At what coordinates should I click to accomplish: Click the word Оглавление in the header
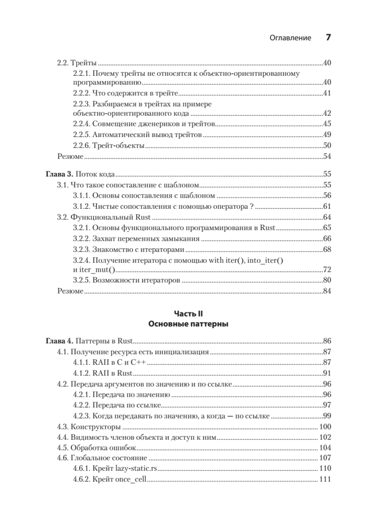290,38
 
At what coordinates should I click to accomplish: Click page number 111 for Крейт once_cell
325,480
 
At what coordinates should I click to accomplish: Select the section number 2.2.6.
81,145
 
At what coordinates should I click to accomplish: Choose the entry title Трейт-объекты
119,145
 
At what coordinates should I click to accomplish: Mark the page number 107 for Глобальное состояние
325,458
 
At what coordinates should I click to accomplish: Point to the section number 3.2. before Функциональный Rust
63,217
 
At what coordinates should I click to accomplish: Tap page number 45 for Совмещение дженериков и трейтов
328,124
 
